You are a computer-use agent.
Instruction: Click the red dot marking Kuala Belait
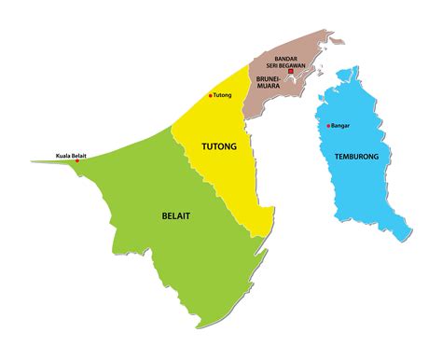(x=77, y=160)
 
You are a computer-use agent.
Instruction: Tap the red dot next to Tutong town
(x=210, y=95)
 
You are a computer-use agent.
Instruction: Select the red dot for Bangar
(x=328, y=126)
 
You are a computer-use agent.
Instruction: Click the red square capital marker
(x=290, y=72)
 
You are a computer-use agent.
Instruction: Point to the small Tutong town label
(x=222, y=95)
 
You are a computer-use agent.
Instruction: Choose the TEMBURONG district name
(x=355, y=157)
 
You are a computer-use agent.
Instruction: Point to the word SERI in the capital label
(x=276, y=64)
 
